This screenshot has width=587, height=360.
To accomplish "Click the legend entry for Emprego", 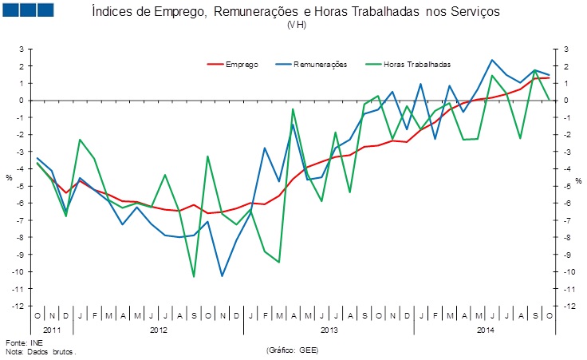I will [x=242, y=64].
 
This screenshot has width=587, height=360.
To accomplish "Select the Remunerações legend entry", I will [x=319, y=64].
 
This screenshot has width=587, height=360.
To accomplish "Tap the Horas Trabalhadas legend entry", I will [x=417, y=64].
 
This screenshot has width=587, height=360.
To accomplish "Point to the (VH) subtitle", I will [x=296, y=25].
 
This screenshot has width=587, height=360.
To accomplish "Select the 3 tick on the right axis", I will [x=565, y=49].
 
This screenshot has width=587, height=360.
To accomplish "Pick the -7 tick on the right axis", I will [x=565, y=220].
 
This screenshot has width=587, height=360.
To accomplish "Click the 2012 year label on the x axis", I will [x=160, y=329].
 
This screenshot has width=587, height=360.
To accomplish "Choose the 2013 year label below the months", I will [x=329, y=329].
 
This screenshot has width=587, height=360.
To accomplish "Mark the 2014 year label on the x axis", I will [x=485, y=329].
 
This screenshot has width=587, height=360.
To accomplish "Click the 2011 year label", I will [x=52, y=329].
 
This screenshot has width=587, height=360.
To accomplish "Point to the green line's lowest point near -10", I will [x=194, y=277].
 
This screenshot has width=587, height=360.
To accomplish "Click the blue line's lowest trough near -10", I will [x=222, y=276].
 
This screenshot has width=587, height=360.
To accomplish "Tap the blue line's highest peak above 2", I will [x=492, y=60].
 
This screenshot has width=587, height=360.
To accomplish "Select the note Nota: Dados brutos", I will [x=43, y=351].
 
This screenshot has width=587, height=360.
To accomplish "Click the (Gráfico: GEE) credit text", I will [x=296, y=350].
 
